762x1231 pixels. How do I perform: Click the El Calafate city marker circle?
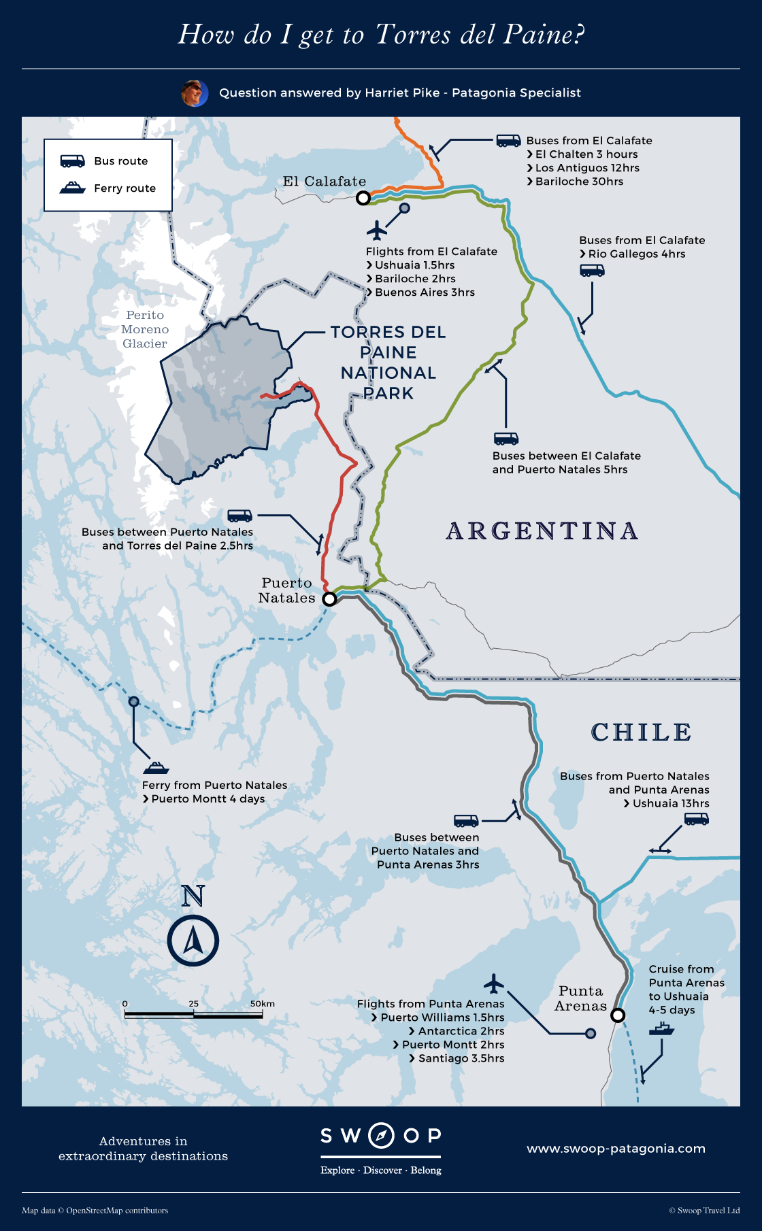363,198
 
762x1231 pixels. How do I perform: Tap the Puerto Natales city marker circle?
329,599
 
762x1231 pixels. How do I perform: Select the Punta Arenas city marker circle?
617,1015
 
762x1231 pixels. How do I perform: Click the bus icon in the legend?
72,161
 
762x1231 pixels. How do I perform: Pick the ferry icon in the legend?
72,188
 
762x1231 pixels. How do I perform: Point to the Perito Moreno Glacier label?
145,329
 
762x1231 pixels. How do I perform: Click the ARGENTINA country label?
542,531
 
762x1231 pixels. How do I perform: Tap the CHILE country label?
641,732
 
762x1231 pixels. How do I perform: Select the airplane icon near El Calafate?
376,231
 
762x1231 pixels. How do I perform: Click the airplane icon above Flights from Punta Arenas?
494,983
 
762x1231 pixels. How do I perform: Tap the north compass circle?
193,941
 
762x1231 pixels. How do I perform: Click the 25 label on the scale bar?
194,1004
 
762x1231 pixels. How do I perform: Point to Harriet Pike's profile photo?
195,93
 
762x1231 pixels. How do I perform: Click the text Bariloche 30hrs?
579,182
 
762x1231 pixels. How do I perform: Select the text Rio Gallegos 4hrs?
637,254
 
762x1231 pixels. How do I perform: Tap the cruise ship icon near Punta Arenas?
661,1029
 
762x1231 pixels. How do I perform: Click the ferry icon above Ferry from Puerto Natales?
156,768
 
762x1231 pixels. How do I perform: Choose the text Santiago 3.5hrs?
461,1058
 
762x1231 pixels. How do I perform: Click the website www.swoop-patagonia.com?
616,1149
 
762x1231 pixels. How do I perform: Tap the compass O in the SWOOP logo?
381,1135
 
